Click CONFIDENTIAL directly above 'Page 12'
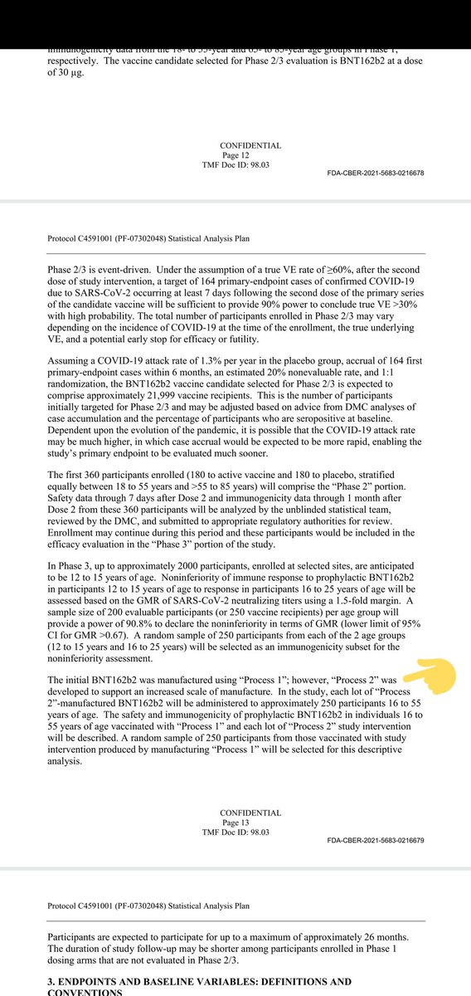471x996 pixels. point(250,144)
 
